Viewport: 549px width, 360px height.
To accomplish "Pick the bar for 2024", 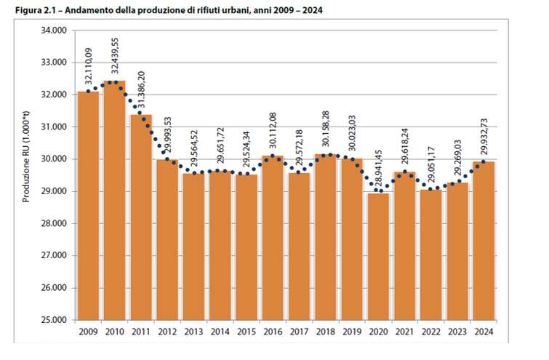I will point(484,240).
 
